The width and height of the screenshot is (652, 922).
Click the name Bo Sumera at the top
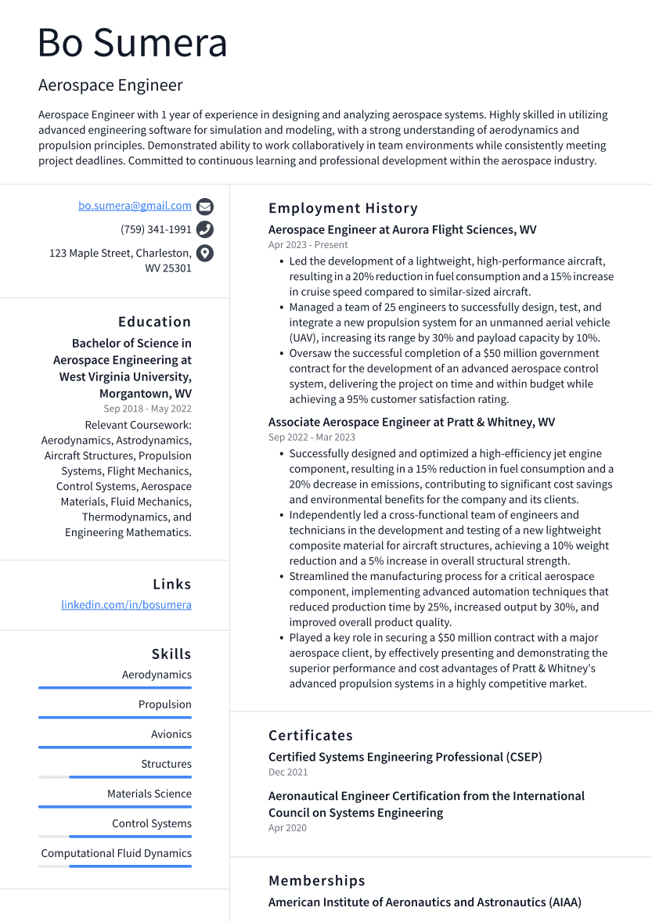(x=132, y=43)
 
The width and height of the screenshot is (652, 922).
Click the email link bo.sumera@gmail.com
(x=135, y=206)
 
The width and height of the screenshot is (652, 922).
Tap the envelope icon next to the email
(x=205, y=207)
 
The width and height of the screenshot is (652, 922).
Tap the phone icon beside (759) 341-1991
(x=205, y=229)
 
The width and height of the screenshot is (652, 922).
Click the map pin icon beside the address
(x=205, y=253)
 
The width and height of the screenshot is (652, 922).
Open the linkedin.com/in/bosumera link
(x=126, y=605)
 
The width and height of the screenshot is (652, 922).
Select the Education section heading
(x=154, y=322)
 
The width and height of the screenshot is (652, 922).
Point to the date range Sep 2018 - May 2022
(x=147, y=409)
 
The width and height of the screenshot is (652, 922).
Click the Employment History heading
(x=343, y=208)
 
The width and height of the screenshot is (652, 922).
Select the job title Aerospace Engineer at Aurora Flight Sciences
(x=402, y=230)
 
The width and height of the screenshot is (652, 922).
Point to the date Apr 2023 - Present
(x=308, y=245)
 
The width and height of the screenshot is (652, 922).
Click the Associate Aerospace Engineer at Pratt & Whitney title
(x=411, y=423)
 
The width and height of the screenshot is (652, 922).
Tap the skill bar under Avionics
(x=115, y=747)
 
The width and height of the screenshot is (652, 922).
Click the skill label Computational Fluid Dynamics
(x=116, y=853)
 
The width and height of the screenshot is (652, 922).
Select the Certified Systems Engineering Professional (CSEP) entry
(x=405, y=757)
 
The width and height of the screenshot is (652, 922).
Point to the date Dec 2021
(x=288, y=773)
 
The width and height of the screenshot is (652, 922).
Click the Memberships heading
(x=316, y=881)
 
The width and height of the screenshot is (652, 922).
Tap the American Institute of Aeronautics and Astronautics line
(x=424, y=902)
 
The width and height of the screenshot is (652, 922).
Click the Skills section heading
(x=171, y=654)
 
